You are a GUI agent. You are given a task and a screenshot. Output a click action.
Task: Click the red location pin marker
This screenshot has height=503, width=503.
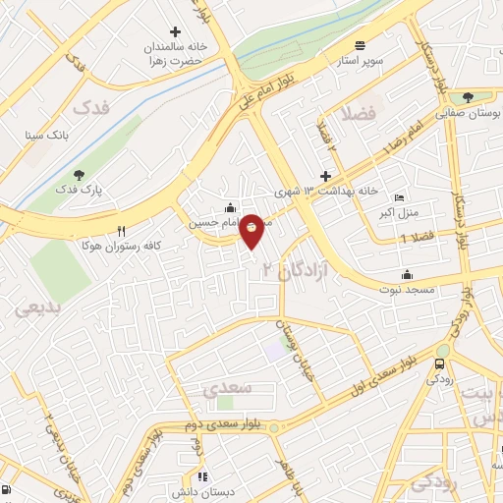[252, 231]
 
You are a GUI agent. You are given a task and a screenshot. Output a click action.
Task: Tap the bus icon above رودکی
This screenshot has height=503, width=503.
[438, 363]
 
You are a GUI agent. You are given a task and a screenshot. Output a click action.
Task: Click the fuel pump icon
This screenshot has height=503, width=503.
[7, 489]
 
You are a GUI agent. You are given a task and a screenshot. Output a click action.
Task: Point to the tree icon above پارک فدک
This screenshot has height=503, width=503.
[79, 174]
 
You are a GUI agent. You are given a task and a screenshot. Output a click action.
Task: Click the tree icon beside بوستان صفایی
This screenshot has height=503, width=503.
[468, 97]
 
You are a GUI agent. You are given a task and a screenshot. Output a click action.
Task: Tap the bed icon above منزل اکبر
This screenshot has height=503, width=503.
[399, 196]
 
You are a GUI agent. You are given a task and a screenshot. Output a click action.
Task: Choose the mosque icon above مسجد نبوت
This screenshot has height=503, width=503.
[406, 275]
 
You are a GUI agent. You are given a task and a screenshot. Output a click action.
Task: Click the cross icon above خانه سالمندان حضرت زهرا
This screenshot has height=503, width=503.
[176, 31]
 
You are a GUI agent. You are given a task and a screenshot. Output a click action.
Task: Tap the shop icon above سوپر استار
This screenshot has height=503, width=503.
[360, 45]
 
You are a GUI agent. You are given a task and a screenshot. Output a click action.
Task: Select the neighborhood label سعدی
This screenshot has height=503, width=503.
[228, 388]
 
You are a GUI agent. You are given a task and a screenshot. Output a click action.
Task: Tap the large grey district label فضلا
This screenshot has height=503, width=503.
[360, 114]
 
